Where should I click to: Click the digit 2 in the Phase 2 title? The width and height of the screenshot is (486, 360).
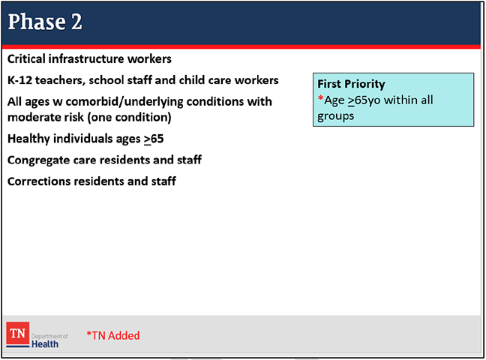[76, 22]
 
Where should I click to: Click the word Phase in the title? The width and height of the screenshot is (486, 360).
[37, 22]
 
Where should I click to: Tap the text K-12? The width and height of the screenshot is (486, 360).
[19, 80]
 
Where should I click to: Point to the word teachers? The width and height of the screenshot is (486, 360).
[60, 80]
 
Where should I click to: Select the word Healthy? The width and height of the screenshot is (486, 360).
[28, 139]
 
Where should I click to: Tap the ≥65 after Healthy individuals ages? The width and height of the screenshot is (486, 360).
[154, 139]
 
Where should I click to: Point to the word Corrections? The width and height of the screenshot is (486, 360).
[39, 181]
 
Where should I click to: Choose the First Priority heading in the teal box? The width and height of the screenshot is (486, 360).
[351, 84]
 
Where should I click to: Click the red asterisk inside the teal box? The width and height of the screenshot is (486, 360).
[320, 99]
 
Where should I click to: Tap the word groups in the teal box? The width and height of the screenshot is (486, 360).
[335, 116]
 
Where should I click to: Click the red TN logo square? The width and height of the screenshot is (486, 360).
[18, 333]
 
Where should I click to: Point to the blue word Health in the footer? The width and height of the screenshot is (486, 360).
[45, 344]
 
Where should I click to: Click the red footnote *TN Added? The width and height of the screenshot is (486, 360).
[112, 335]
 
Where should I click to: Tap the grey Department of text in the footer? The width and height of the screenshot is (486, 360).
[49, 337]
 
